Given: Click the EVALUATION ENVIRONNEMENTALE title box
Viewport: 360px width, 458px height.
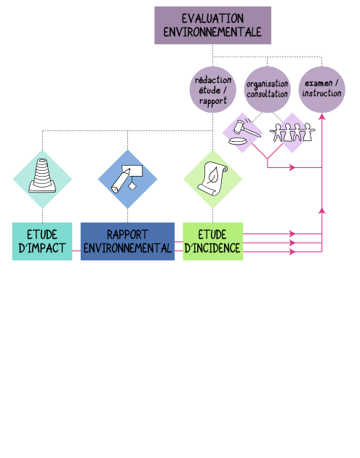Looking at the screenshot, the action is tap(212, 25).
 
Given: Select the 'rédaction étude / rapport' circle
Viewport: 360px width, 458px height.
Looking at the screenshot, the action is tap(212, 89).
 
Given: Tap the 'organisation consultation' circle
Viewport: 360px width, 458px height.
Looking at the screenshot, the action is tap(267, 89).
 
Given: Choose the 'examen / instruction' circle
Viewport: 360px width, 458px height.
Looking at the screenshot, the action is tap(321, 89).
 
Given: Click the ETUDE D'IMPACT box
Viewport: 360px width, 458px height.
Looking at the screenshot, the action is tap(42, 241).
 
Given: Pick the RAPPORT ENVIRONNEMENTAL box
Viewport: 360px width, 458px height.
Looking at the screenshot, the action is tap(127, 241).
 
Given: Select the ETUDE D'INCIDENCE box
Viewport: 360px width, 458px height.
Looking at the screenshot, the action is tap(212, 241).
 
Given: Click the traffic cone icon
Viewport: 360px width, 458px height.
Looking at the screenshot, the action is tap(42, 175).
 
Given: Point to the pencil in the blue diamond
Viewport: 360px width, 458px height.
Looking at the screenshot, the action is tap(121, 181).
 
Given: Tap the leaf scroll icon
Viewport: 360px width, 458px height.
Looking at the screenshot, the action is tap(212, 178).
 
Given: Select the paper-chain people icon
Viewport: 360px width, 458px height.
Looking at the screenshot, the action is tap(292, 132).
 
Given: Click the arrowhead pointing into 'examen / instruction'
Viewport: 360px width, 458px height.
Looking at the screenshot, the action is tap(321, 116).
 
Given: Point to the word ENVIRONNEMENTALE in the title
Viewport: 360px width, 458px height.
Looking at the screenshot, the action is tap(212, 32).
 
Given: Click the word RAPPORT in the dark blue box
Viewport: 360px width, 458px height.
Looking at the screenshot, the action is tap(127, 235).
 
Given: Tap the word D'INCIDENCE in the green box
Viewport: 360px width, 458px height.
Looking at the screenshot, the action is tap(212, 249).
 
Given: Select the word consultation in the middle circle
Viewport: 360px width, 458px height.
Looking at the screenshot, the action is tap(268, 95).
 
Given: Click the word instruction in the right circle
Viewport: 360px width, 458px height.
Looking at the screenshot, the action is tap(321, 94).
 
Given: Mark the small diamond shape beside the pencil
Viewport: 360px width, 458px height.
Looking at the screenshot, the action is tap(132, 185).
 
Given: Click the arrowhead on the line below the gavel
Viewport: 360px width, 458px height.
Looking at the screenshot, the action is tap(292, 168).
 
